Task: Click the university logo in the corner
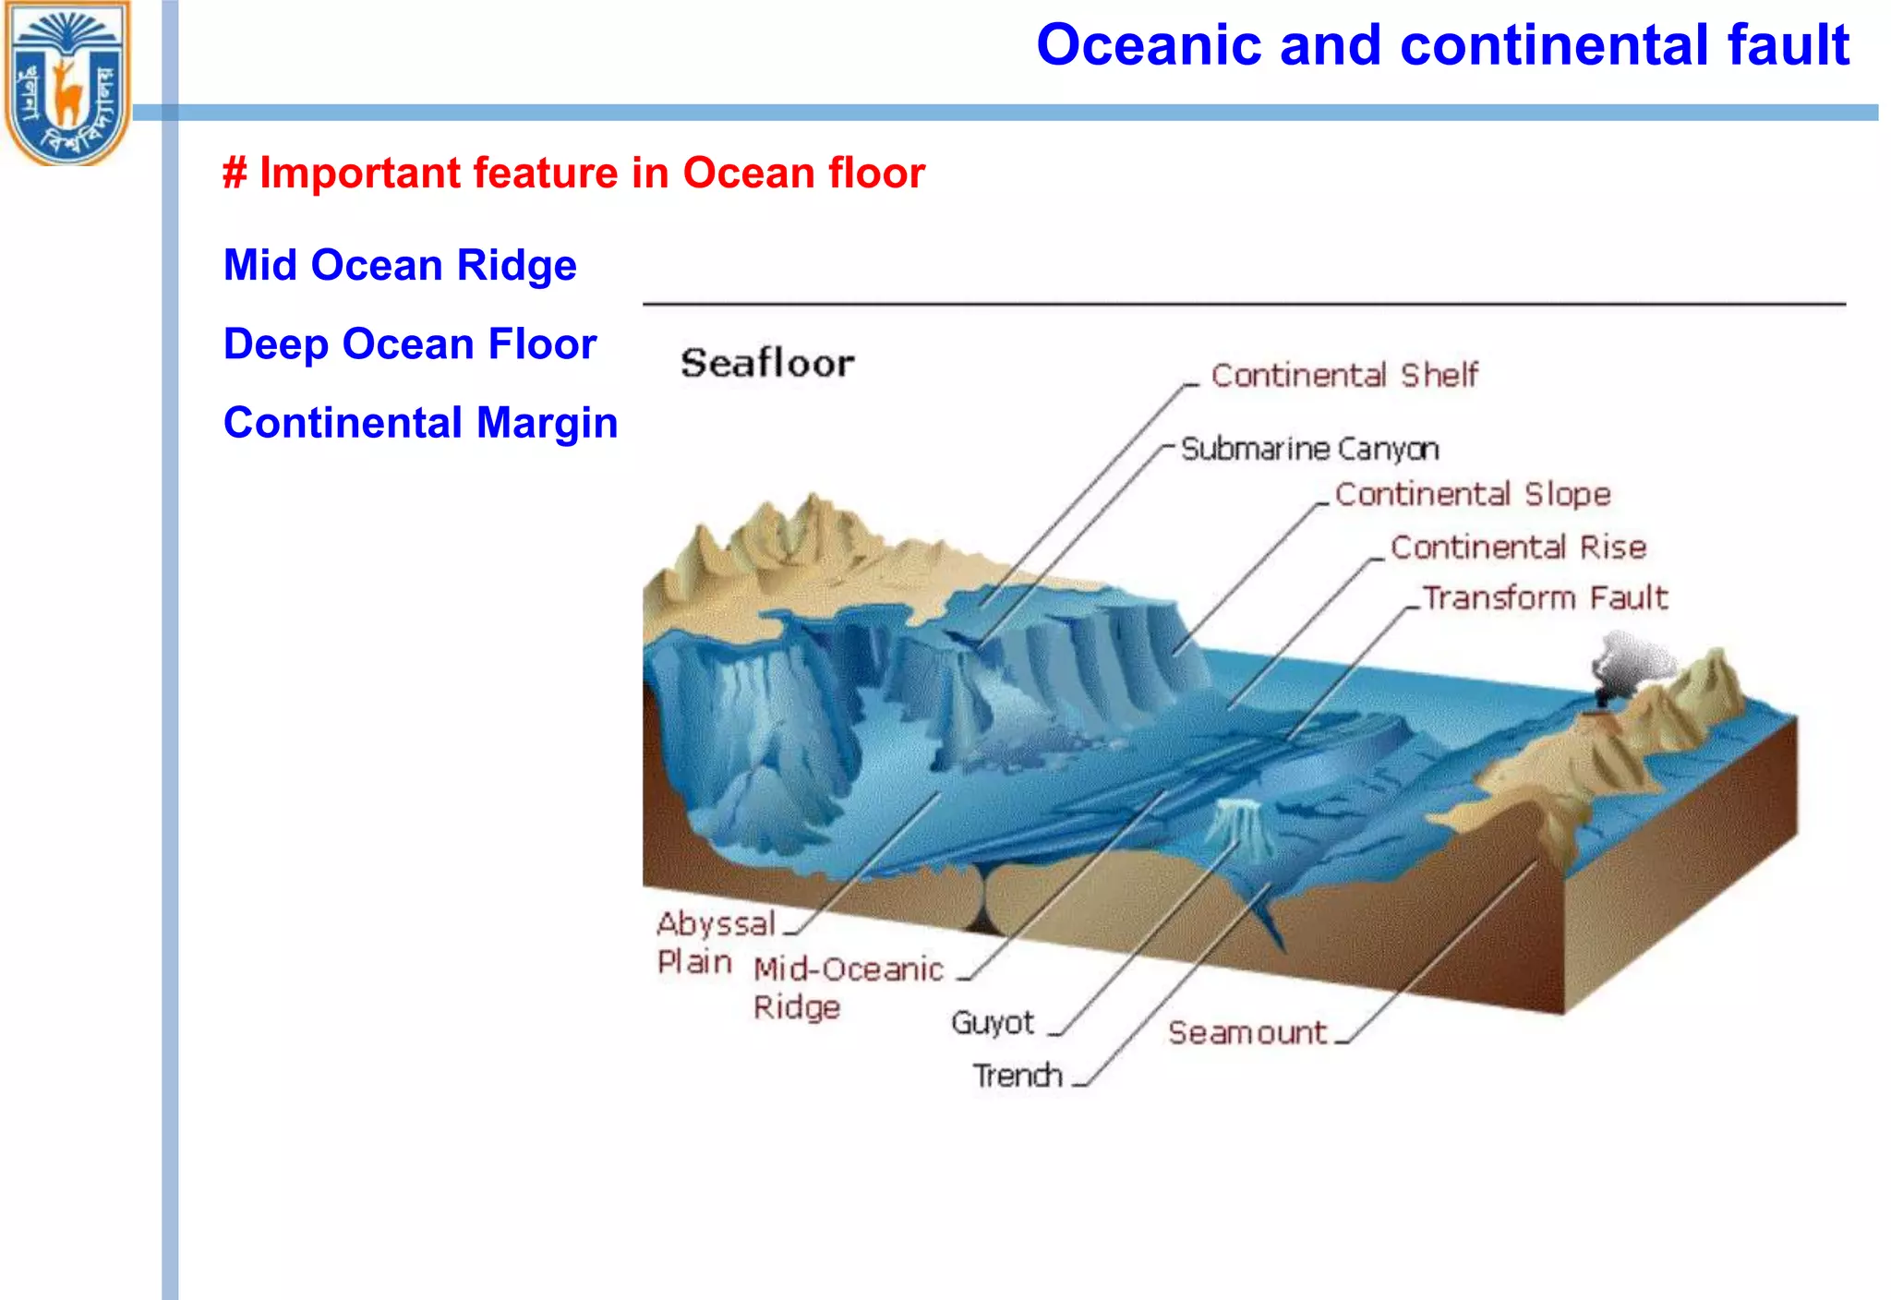point(66,83)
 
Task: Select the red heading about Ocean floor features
point(573,173)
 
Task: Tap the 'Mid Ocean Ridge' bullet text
point(400,265)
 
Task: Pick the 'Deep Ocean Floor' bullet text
point(410,343)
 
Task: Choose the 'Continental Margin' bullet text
point(420,423)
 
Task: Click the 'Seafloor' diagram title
point(767,363)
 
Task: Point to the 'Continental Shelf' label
point(1343,375)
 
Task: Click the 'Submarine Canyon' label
point(1309,449)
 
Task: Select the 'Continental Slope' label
point(1472,494)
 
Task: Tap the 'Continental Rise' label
point(1518,547)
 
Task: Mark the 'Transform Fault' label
point(1545,597)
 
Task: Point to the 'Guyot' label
point(993,1022)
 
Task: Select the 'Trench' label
point(1017,1076)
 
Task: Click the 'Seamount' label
point(1247,1032)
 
